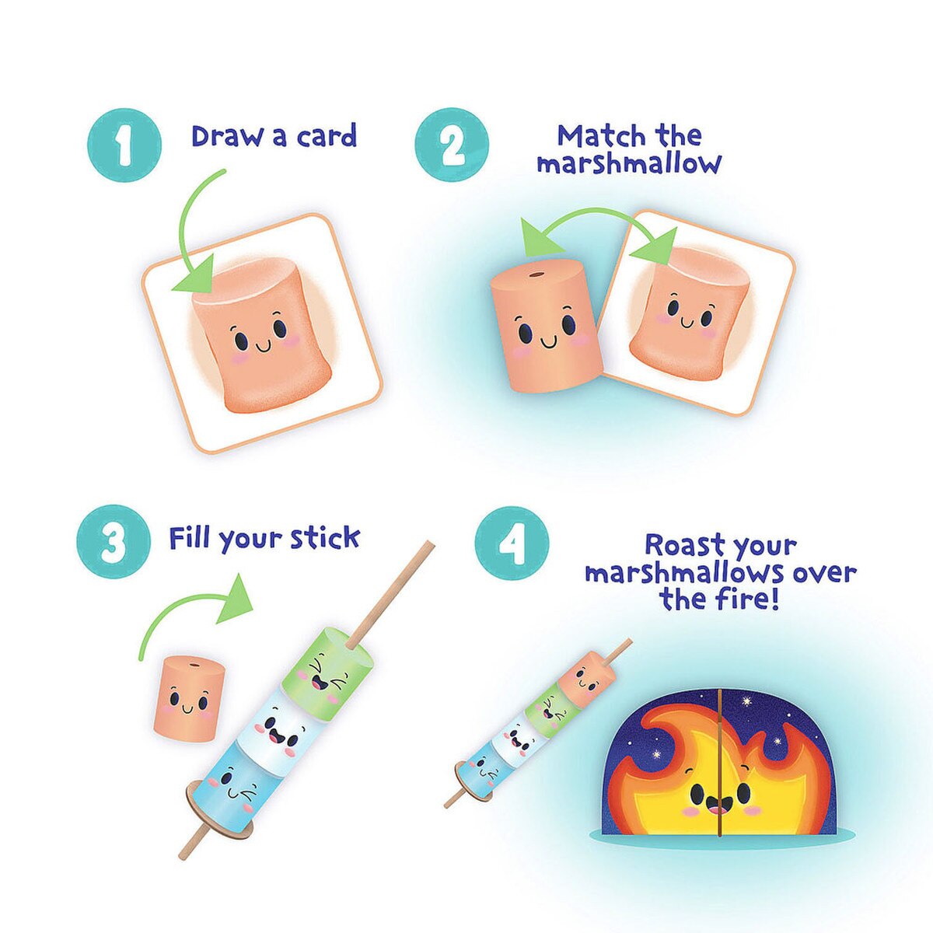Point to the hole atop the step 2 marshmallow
[534, 275]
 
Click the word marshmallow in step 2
[628, 165]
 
